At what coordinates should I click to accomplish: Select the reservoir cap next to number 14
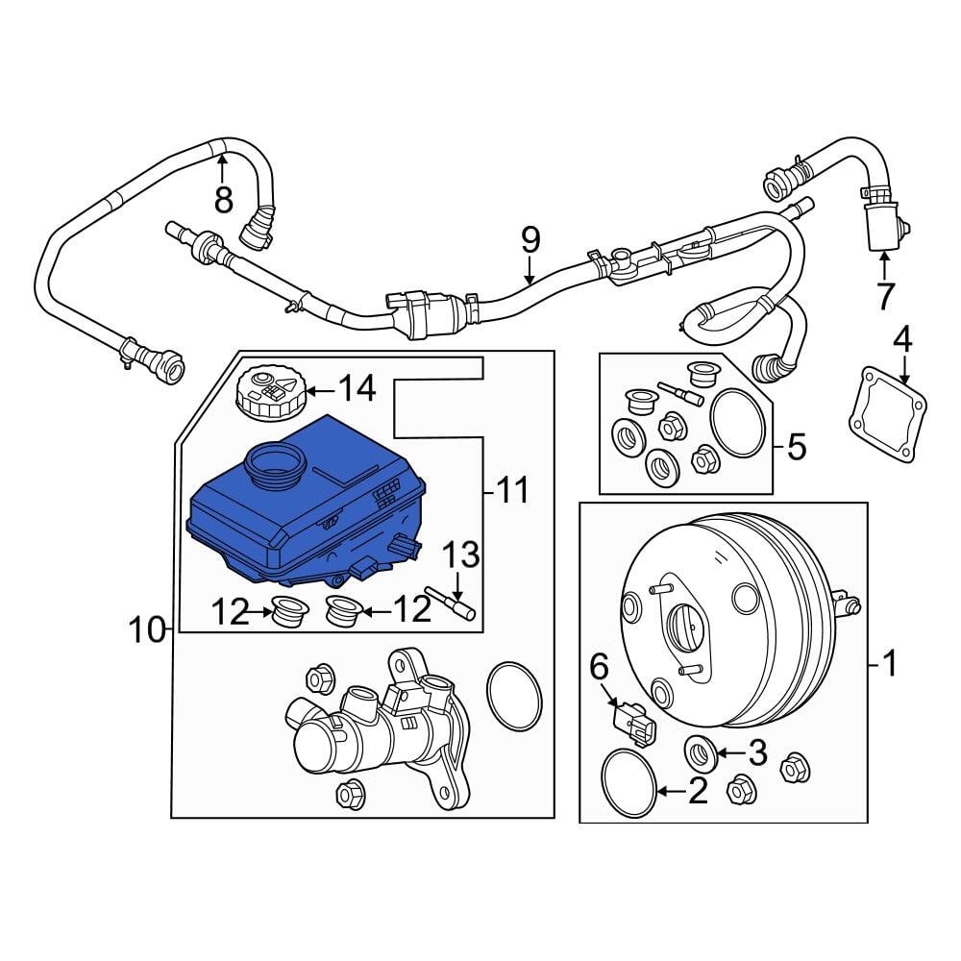270,392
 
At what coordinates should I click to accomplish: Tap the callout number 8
223,199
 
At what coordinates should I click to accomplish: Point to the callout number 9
530,240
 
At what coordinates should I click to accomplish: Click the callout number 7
884,296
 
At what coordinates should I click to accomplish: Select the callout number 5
796,447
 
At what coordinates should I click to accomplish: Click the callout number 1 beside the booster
889,662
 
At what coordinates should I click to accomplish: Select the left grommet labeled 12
285,611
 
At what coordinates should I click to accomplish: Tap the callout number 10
148,630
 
